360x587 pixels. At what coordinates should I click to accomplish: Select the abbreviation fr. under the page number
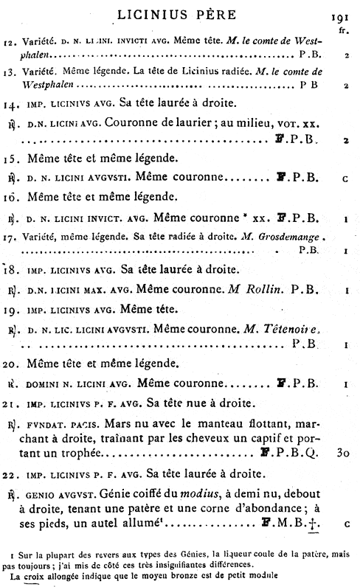point(344,32)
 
